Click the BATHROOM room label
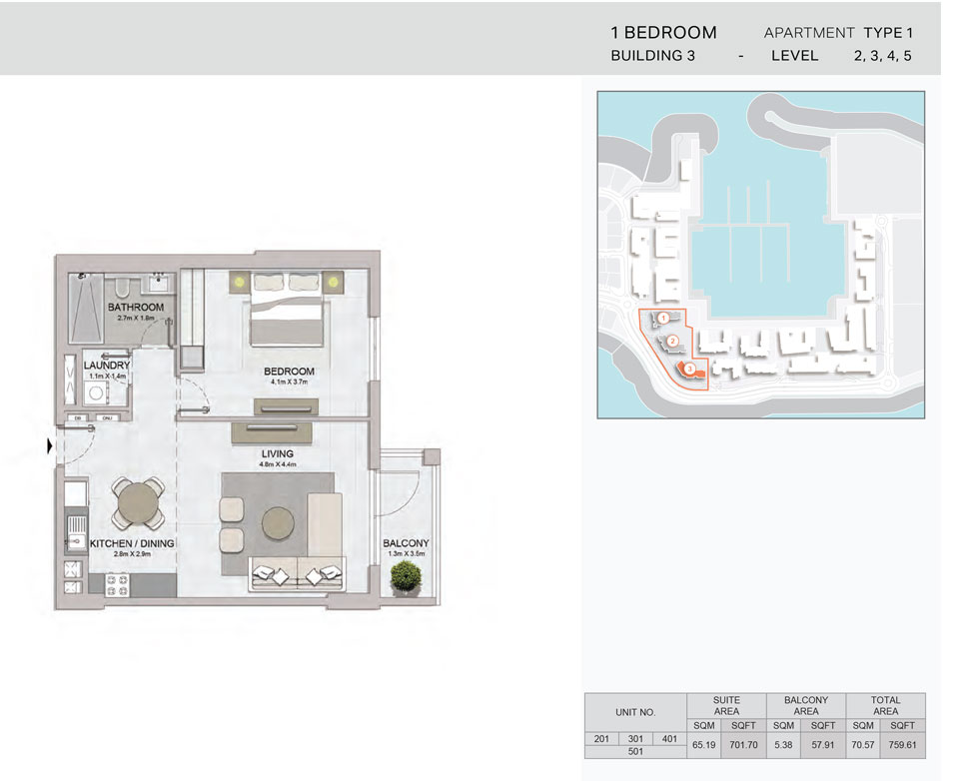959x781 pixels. click(x=136, y=307)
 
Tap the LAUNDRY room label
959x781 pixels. click(x=107, y=366)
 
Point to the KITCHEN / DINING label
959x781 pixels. click(x=133, y=543)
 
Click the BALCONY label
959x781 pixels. click(x=406, y=543)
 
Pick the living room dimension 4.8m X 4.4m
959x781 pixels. click(x=277, y=463)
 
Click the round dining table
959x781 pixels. click(x=137, y=503)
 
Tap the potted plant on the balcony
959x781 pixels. click(x=406, y=575)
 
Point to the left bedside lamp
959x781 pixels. click(x=240, y=283)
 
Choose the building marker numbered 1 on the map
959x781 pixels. click(x=663, y=319)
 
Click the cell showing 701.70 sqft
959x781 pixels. click(x=745, y=744)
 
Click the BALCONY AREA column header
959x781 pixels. click(x=805, y=706)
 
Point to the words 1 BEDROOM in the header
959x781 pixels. click(x=663, y=33)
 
